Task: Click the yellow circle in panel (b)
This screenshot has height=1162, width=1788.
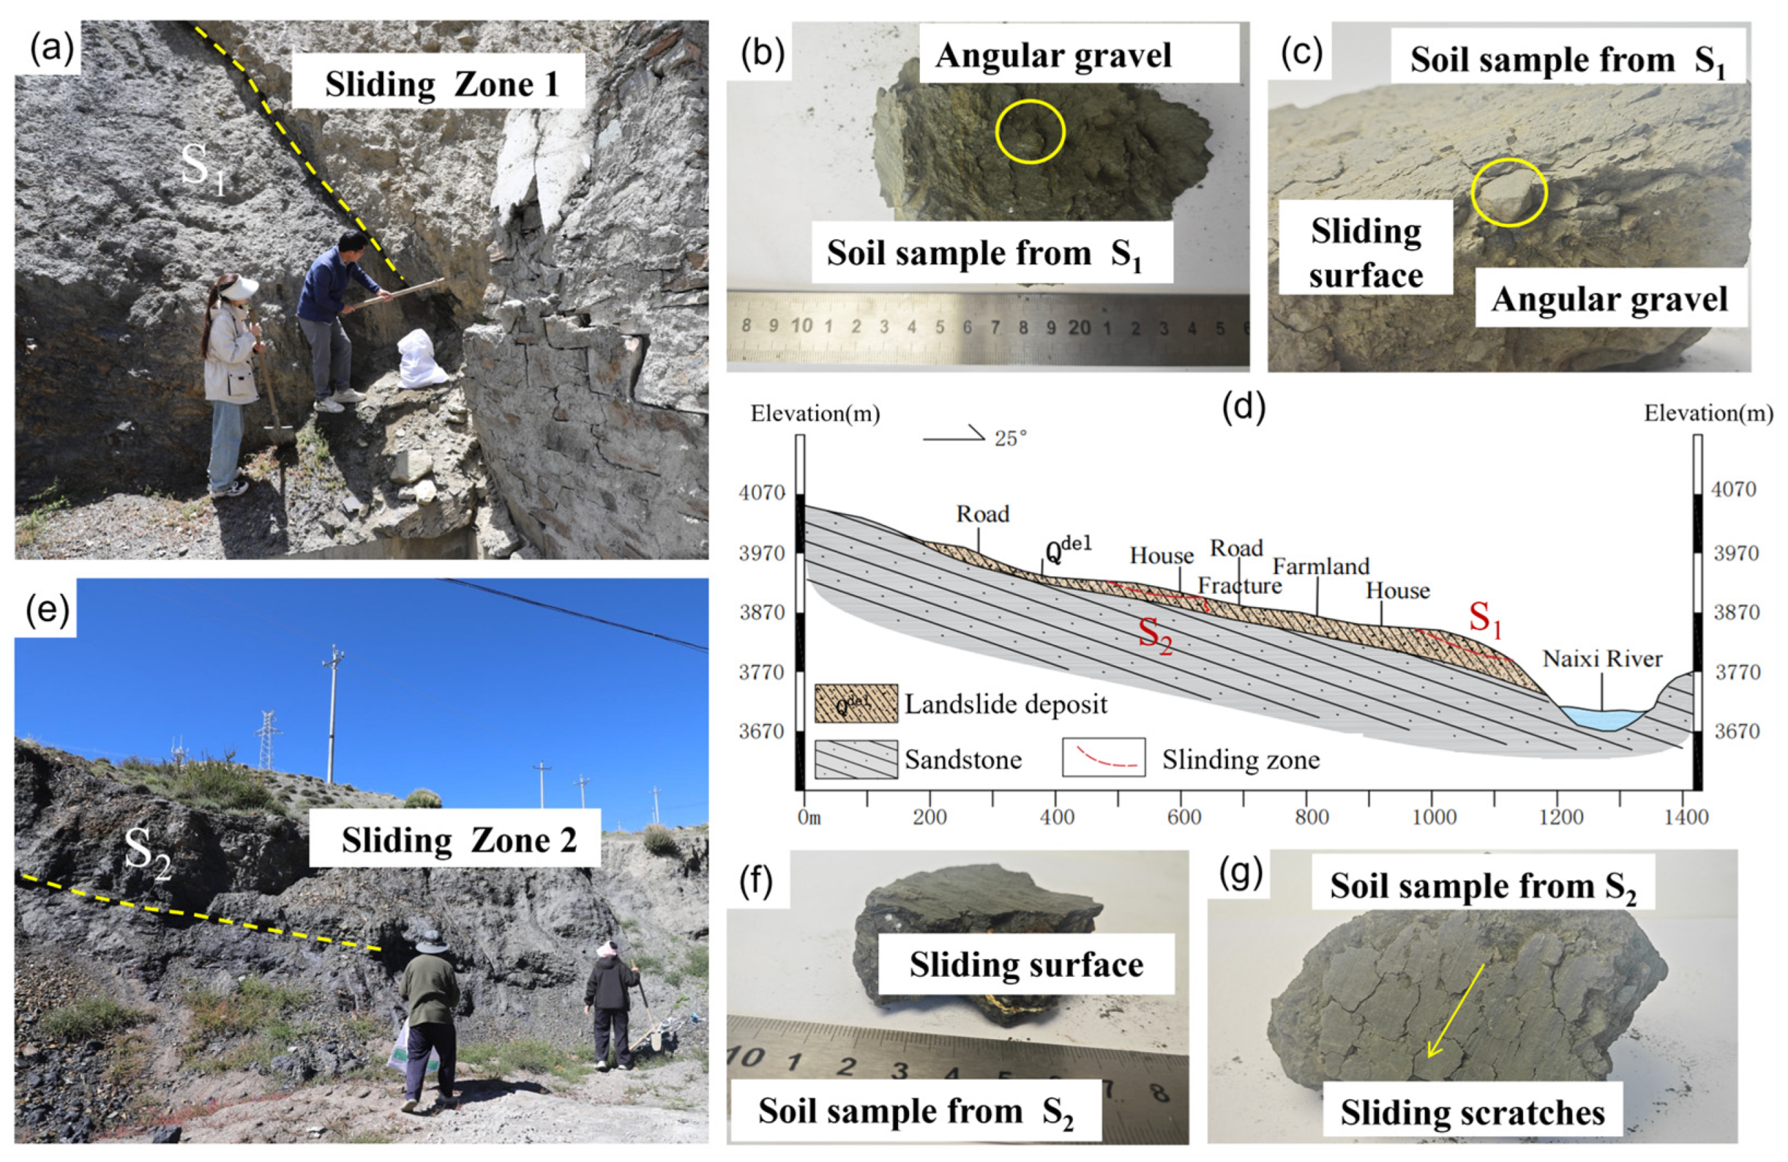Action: point(1030,132)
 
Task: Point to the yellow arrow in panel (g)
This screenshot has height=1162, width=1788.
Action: point(1456,1010)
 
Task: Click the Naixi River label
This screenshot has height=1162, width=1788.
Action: point(1602,659)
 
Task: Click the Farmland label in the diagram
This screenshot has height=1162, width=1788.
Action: point(1321,567)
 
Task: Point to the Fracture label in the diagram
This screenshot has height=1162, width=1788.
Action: point(1240,586)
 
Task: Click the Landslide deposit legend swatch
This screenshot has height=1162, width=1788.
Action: point(856,703)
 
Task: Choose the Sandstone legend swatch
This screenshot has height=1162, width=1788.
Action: point(856,759)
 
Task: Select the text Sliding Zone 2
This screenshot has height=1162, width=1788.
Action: point(459,840)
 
